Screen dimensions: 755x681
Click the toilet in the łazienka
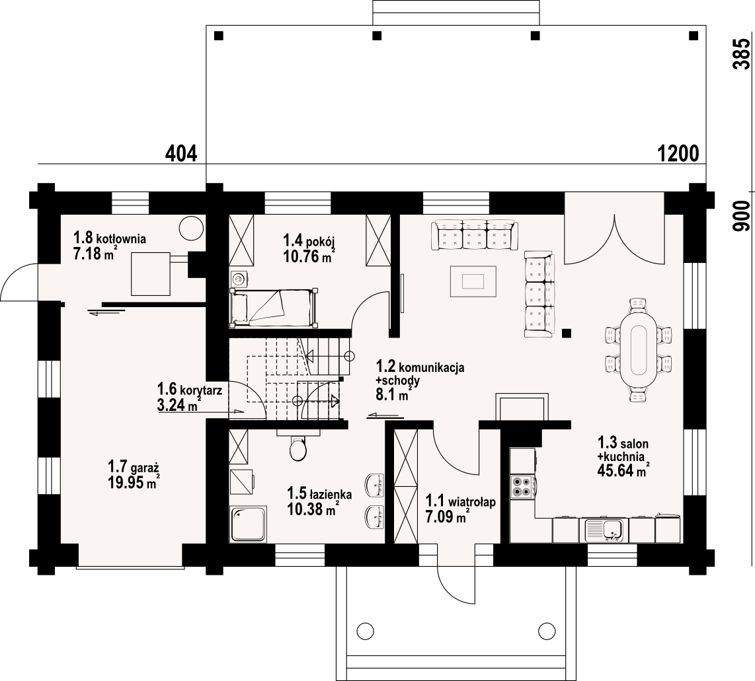pyautogui.click(x=298, y=448)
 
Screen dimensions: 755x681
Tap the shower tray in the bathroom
pyautogui.click(x=249, y=524)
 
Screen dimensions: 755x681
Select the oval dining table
pyautogui.click(x=639, y=349)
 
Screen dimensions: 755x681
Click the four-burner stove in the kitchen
pyautogui.click(x=522, y=485)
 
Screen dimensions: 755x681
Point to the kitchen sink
pyautogui.click(x=605, y=530)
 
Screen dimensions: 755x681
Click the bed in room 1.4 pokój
pyautogui.click(x=274, y=307)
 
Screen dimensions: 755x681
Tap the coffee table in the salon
pyautogui.click(x=473, y=281)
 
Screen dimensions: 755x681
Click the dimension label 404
pyautogui.click(x=181, y=153)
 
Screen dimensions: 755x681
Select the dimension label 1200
pyautogui.click(x=678, y=153)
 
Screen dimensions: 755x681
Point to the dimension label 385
pyautogui.click(x=742, y=54)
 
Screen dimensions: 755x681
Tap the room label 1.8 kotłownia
pyautogui.click(x=109, y=238)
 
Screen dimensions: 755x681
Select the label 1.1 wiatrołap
pyautogui.click(x=460, y=502)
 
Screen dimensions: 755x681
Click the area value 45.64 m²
pyautogui.click(x=623, y=470)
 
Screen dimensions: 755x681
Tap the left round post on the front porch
pyautogui.click(x=366, y=630)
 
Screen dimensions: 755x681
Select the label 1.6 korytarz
pyautogui.click(x=190, y=390)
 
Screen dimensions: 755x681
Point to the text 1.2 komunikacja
pyautogui.click(x=420, y=367)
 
